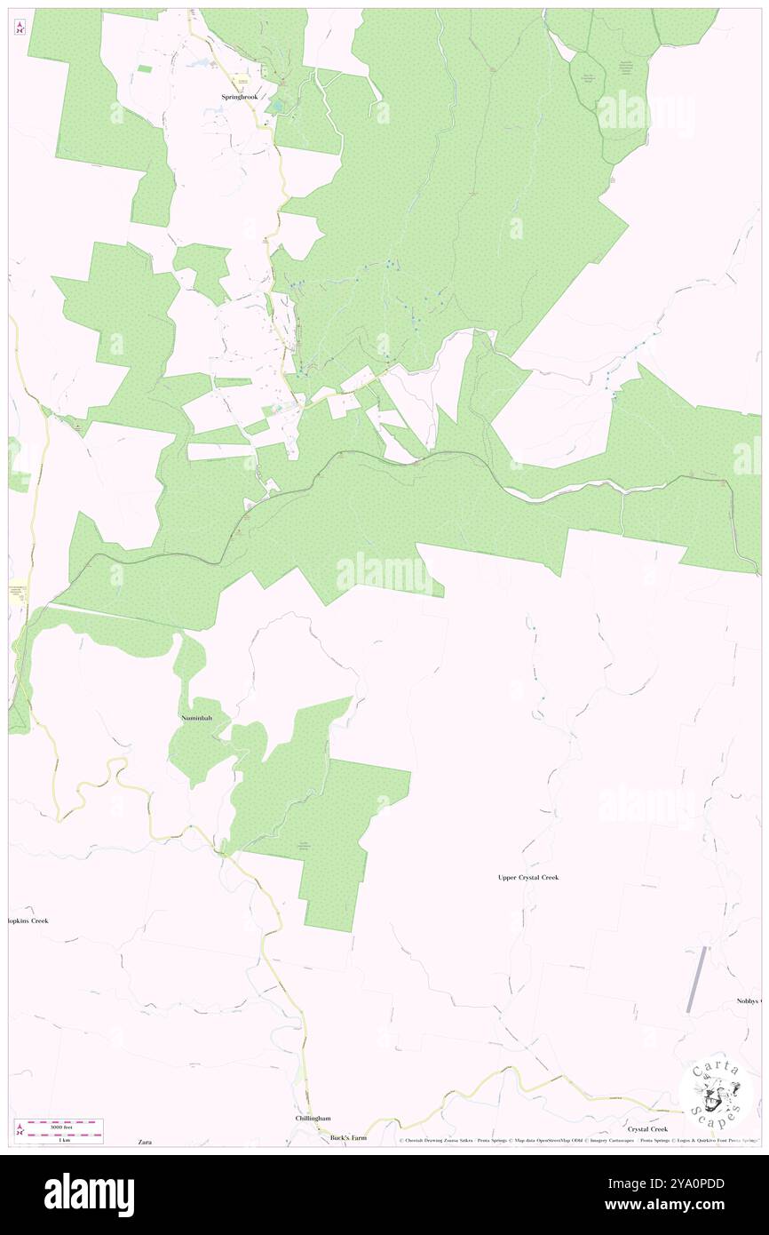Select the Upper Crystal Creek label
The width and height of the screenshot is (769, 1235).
point(528,877)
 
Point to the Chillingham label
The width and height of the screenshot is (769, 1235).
point(313,1118)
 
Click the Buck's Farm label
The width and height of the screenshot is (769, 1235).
point(348,1137)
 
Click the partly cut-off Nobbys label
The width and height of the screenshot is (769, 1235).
point(749,1001)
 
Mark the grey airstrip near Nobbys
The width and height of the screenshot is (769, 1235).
point(697,980)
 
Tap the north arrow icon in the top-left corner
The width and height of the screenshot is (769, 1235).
point(20,27)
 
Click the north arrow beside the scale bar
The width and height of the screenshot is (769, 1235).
point(20,1130)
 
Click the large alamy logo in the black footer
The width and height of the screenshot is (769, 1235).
point(89,1194)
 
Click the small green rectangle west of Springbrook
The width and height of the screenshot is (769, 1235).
point(18,465)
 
